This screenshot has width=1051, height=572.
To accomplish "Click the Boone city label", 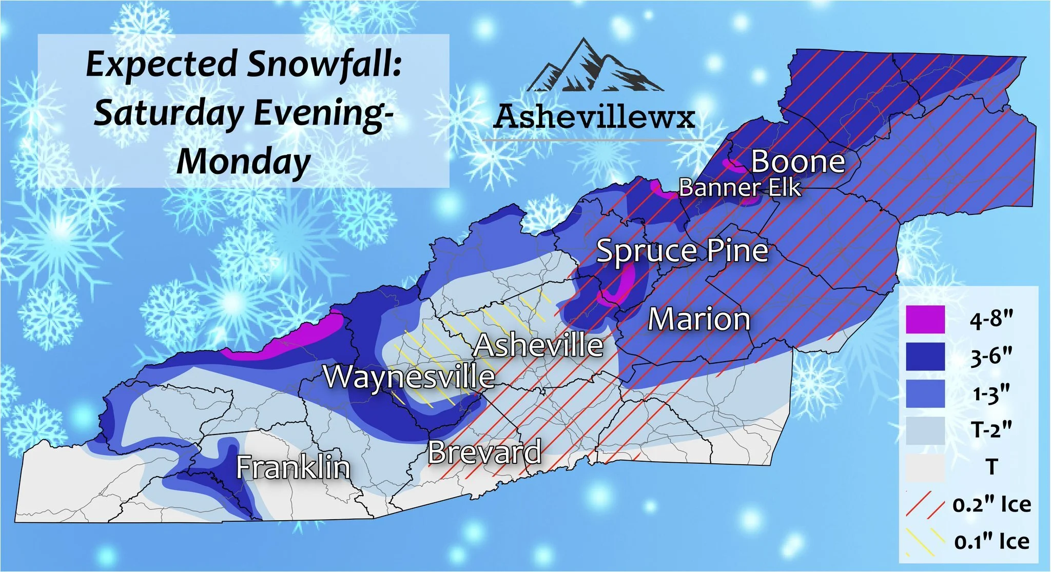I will [798, 162].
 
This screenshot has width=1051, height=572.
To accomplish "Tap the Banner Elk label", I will [739, 188].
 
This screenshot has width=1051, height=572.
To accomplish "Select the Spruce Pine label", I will [682, 251].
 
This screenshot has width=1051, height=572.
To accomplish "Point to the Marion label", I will [699, 319].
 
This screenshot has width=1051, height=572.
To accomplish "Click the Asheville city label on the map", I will [538, 345].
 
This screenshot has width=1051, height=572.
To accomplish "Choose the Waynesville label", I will [409, 377].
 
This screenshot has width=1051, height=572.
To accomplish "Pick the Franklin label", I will [293, 467].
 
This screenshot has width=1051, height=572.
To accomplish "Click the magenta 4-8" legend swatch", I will [925, 320].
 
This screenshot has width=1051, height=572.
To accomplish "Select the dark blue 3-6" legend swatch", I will [925, 357].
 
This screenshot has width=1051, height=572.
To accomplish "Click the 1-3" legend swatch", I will [925, 393].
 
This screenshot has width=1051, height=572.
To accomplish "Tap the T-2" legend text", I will [991, 430].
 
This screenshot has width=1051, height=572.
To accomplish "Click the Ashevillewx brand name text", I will [594, 117].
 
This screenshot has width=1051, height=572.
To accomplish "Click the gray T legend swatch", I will [925, 467].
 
